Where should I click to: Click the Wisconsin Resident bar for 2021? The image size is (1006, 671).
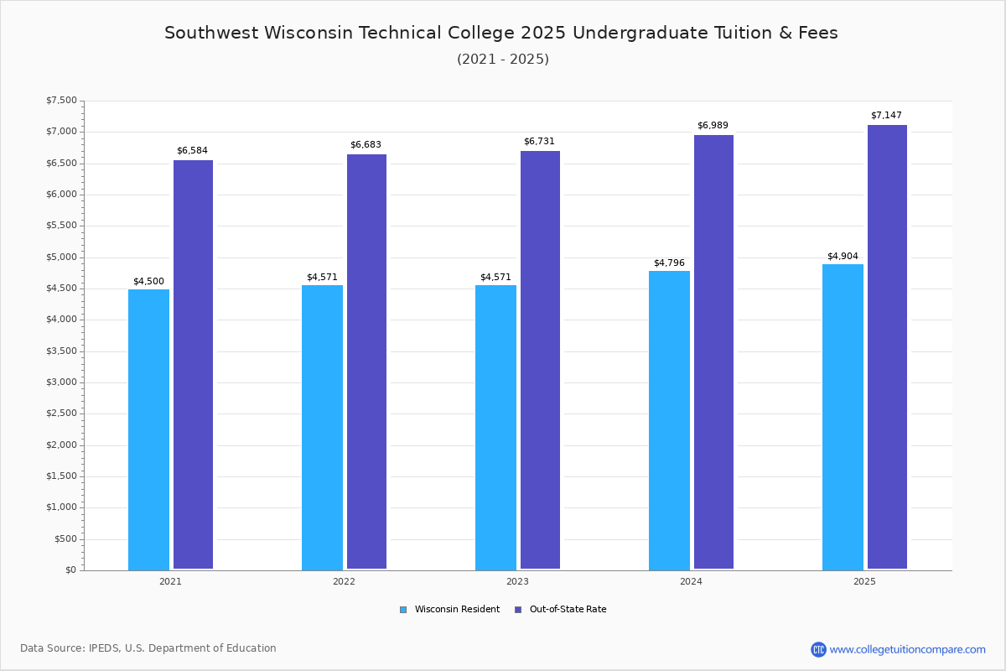[148, 429]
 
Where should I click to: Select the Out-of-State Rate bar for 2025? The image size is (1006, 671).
[887, 347]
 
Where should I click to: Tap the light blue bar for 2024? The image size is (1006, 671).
[669, 421]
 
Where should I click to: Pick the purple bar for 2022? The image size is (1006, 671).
[366, 362]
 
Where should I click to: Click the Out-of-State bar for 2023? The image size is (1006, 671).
[540, 360]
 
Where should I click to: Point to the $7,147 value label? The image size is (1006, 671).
[886, 116]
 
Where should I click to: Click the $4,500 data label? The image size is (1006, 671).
[148, 281]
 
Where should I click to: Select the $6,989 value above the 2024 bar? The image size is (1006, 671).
[713, 125]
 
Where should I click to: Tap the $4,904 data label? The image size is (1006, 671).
[843, 256]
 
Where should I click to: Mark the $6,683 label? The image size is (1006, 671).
[366, 145]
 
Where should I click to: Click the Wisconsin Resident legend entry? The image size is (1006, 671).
[449, 610]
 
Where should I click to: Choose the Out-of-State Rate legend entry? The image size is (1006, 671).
[561, 610]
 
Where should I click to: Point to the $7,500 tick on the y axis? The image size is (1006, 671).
[61, 100]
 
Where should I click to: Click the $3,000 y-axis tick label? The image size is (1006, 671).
[61, 382]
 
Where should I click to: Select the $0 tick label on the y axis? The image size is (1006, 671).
[71, 570]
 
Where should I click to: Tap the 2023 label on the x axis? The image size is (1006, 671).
[517, 581]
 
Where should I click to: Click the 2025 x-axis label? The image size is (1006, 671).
[864, 581]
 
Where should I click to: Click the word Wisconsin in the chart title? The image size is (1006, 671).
[309, 33]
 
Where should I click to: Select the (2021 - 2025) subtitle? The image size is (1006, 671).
[503, 60]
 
